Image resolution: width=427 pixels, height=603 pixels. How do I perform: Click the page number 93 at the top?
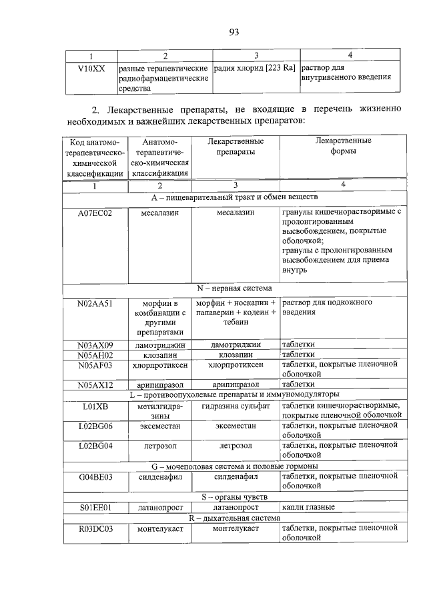coord(233,31)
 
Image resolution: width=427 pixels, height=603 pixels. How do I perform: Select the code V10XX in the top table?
coord(91,67)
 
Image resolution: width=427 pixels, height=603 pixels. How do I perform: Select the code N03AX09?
coord(95,344)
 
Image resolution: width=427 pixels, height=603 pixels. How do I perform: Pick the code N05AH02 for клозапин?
coord(95,354)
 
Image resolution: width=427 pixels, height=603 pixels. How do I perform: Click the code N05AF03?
coord(95,365)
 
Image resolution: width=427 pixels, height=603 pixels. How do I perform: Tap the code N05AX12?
coord(95,384)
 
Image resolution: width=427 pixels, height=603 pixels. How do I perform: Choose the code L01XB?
coord(95,405)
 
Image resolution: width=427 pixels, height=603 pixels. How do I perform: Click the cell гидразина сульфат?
coord(234,405)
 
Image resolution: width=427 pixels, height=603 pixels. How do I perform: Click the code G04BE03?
coord(95,476)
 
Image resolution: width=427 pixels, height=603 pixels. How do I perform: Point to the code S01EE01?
coord(95,508)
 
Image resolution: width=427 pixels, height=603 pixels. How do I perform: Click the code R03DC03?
coord(95,528)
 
